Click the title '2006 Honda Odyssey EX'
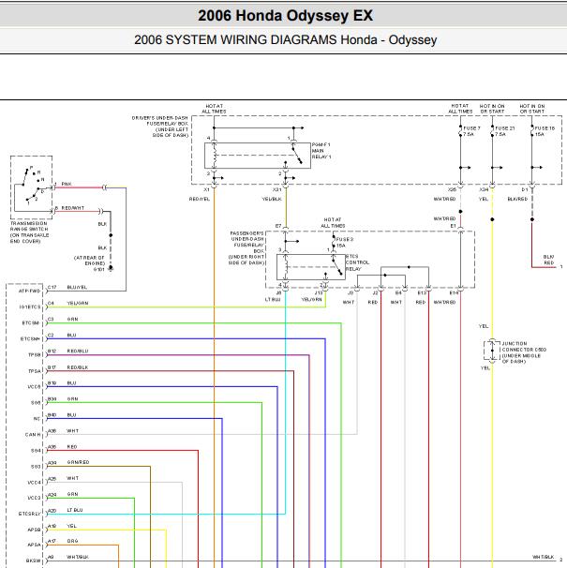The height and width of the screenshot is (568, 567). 283,16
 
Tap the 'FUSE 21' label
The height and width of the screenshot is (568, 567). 505,127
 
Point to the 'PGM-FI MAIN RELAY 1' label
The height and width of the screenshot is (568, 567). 323,149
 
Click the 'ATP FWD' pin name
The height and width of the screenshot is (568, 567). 28,291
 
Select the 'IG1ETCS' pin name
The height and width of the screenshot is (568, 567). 29,306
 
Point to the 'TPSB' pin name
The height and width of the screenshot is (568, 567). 34,355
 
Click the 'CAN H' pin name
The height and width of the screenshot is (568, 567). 32,435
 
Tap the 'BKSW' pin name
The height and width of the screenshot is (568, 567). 33,561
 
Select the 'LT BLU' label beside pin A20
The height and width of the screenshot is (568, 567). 76,510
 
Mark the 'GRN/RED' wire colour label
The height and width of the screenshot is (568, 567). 78,462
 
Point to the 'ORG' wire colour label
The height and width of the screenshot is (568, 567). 72,541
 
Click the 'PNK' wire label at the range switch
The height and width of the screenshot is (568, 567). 67,184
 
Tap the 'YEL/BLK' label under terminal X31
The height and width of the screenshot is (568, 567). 272,199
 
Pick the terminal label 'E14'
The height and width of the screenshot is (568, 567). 454,292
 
